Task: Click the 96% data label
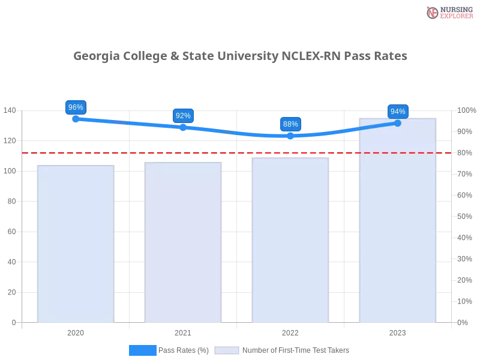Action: click(76, 107)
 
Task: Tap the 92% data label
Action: click(183, 116)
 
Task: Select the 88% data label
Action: click(290, 124)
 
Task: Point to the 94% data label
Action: click(398, 112)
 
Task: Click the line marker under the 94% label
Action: click(397, 123)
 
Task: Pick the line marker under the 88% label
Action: click(290, 136)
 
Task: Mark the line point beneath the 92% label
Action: click(183, 127)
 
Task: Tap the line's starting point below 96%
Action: click(76, 119)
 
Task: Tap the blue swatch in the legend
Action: click(143, 350)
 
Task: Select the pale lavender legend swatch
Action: click(227, 350)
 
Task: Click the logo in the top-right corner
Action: click(449, 12)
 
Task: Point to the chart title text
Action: click(240, 57)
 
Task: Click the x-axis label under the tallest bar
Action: click(397, 331)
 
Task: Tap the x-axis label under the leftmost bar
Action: click(76, 331)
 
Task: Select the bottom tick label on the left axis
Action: click(13, 322)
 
